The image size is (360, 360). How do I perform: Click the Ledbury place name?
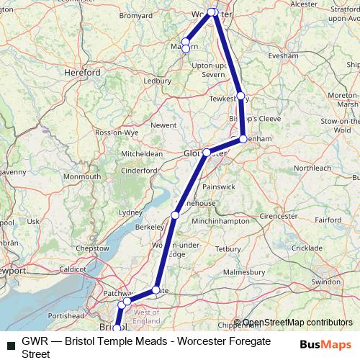157,81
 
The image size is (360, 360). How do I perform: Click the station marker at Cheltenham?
243,138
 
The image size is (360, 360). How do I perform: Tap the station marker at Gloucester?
207,153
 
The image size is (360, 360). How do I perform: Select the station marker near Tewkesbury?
240,95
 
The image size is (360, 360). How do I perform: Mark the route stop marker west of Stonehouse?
176,215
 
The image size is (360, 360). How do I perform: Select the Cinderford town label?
137,170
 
